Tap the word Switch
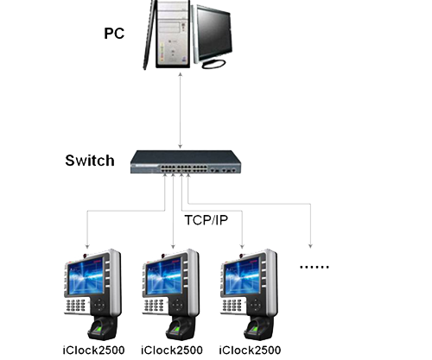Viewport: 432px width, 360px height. pos(90,161)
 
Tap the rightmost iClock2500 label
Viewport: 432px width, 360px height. pos(250,350)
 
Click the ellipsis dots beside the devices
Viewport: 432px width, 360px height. pos(314,268)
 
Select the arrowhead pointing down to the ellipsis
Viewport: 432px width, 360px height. pos(311,242)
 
